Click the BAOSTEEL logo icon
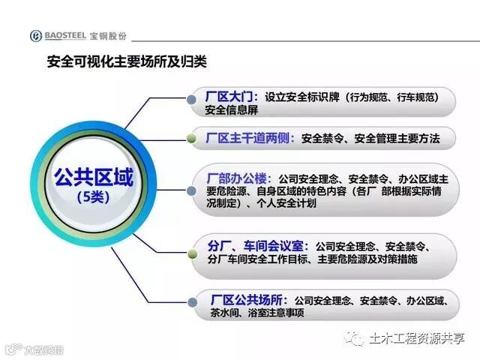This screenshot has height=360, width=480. [36, 36]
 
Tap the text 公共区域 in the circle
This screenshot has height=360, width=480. [93, 178]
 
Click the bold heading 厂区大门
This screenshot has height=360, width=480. [231, 97]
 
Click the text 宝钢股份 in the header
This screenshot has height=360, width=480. [108, 36]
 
